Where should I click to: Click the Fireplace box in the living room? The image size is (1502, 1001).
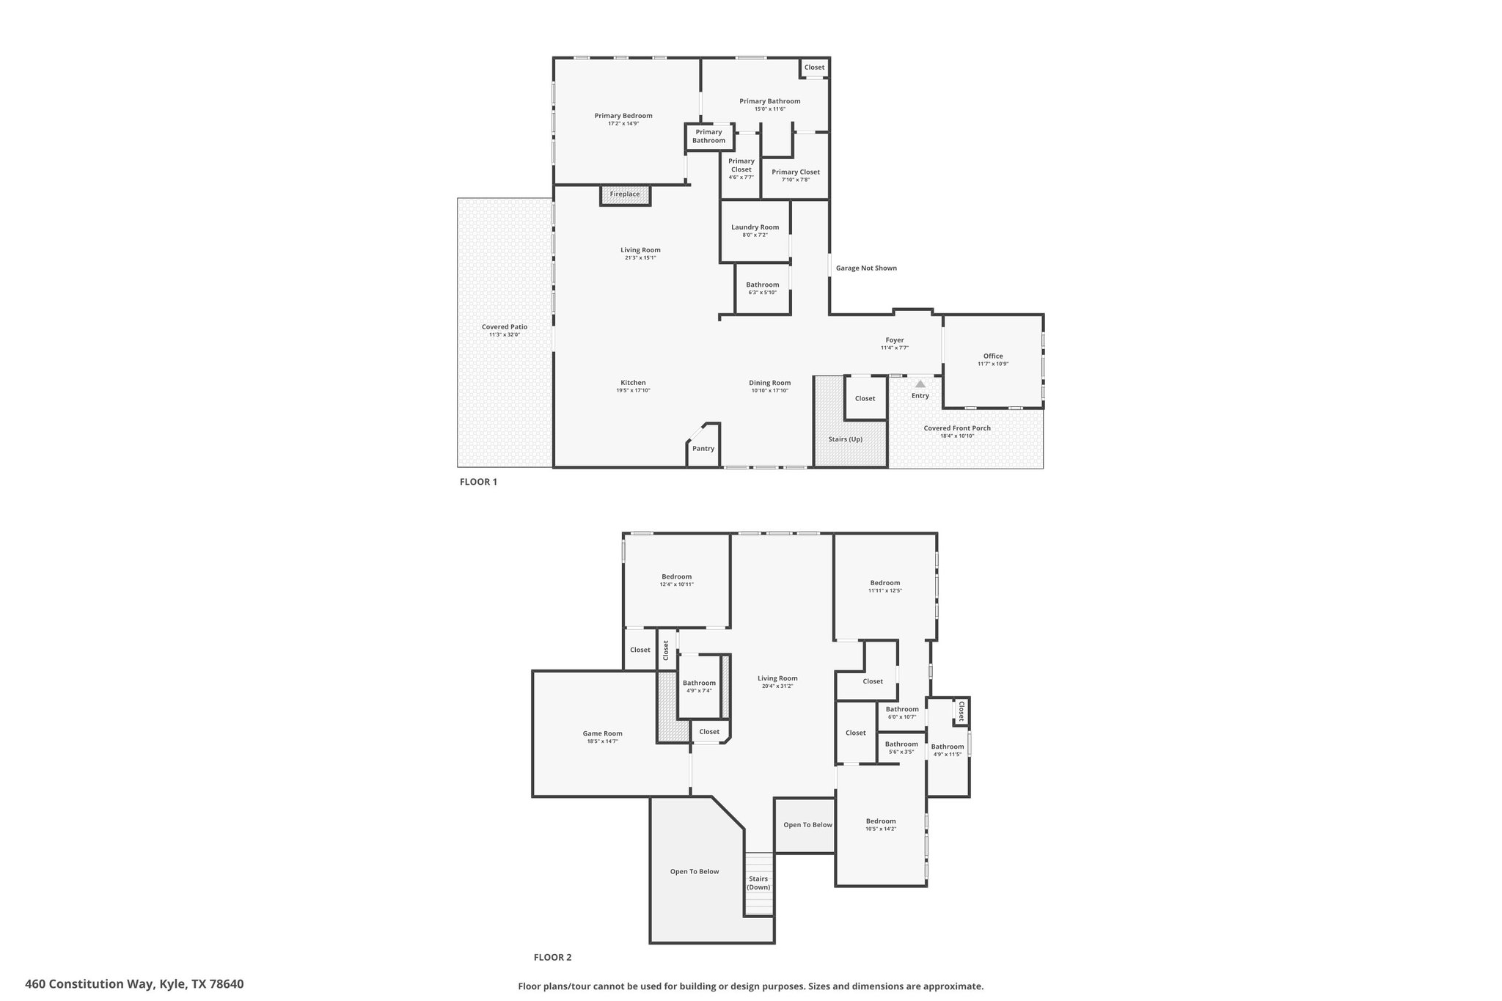point(625,194)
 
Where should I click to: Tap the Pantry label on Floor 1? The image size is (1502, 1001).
point(703,449)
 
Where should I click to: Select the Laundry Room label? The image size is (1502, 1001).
point(755,227)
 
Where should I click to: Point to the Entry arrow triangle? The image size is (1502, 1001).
point(920,384)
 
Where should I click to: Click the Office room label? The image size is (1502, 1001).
point(993,356)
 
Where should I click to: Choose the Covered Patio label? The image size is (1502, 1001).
point(505,327)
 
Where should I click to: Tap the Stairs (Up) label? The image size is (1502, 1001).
point(846,439)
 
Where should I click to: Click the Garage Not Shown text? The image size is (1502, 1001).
point(866,268)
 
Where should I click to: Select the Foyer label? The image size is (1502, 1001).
point(895,340)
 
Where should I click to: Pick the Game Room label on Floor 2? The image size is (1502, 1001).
point(603,733)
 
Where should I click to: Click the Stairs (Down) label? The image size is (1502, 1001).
point(758,883)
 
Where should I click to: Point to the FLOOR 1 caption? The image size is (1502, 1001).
point(478,482)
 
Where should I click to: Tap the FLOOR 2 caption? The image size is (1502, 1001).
point(552,957)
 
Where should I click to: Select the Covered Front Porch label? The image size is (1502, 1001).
point(957,428)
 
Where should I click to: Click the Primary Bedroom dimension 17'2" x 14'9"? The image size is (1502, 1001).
point(623,124)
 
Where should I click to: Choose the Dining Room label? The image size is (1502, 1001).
point(770,383)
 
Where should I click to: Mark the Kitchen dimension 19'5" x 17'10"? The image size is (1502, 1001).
point(634,391)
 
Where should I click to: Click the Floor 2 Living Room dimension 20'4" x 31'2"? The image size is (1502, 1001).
point(777,686)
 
